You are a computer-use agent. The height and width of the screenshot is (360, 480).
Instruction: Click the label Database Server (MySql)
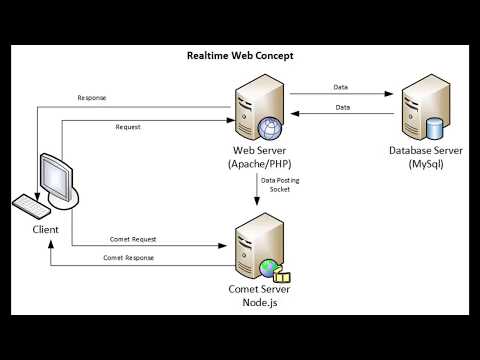pos(423,157)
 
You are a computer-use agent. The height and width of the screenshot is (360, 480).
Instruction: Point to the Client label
pos(43,230)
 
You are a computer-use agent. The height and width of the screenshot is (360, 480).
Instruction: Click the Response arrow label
pos(93,98)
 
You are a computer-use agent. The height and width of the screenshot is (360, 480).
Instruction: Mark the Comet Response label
pos(127,258)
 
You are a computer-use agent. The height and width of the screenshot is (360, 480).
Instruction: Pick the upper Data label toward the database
pos(341,87)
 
